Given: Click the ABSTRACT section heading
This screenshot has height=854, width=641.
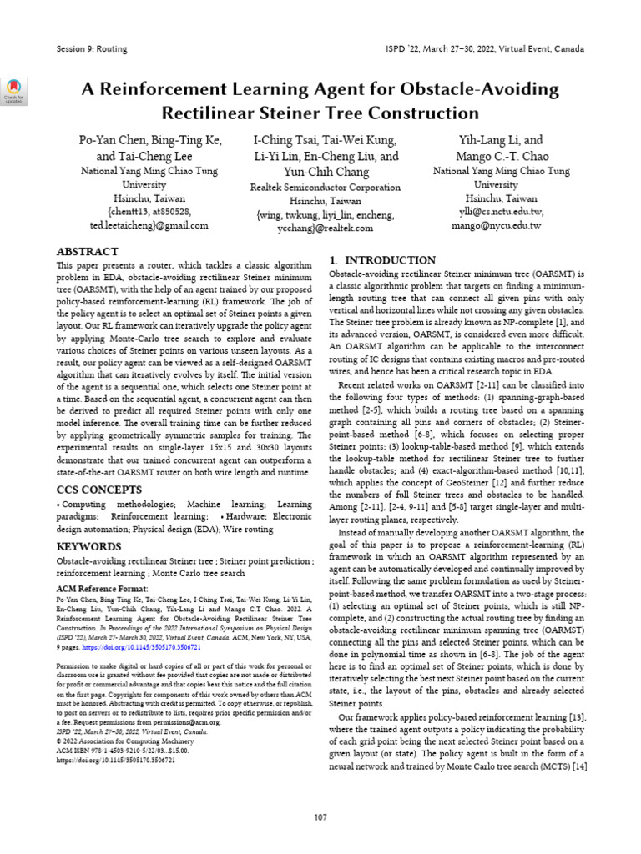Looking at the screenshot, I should tap(88, 251).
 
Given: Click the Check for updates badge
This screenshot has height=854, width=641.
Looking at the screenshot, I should tap(15, 91).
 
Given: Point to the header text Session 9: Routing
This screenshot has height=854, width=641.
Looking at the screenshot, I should tap(91, 48).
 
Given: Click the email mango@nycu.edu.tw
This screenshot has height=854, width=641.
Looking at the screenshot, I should tap(497, 225).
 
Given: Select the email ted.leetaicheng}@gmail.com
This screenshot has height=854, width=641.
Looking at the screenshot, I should tap(149, 225).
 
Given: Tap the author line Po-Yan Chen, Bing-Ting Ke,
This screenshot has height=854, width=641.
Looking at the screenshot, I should tap(150, 140).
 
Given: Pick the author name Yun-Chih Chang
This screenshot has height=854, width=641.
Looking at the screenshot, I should tap(326, 172).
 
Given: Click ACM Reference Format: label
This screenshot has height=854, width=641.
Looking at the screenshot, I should tap(96, 588).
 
